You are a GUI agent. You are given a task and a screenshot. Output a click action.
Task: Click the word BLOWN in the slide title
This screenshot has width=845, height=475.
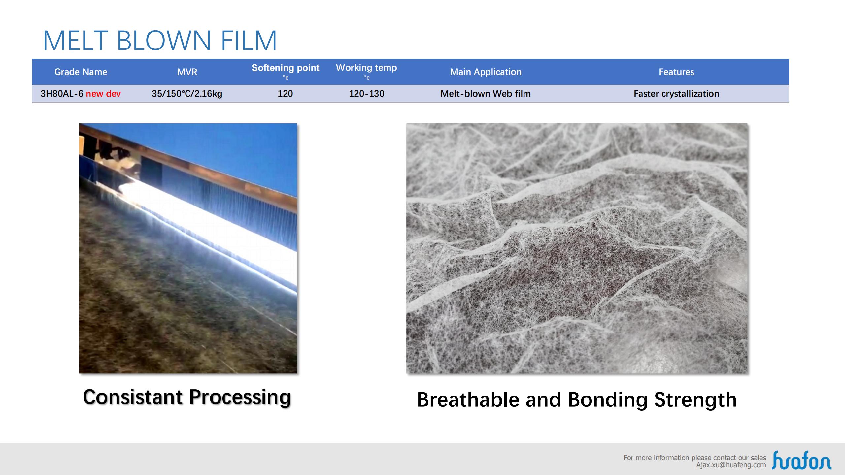coord(164,41)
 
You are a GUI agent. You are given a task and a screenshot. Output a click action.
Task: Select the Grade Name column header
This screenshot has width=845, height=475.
coord(81,72)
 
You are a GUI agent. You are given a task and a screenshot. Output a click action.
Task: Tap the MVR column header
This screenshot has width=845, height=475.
coord(187,72)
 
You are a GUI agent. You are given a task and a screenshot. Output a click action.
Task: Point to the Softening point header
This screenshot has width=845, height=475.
coord(286,68)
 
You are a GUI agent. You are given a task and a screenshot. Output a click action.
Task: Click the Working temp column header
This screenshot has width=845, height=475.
coord(366,68)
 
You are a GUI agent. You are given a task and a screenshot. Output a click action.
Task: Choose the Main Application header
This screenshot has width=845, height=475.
coord(486,72)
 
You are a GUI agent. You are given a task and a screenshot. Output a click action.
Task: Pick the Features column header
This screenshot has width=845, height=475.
coord(676,72)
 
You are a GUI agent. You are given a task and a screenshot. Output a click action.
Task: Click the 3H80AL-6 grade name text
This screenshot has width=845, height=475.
coord(62,94)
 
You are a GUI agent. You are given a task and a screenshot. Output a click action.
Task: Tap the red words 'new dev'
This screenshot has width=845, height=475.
coord(103,94)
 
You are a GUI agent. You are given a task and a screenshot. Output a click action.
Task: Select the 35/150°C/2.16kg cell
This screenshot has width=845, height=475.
coord(187,94)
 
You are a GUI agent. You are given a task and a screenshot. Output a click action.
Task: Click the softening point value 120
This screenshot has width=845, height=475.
coord(285,94)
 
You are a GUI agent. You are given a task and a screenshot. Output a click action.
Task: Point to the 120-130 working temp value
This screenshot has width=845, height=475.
coord(366,94)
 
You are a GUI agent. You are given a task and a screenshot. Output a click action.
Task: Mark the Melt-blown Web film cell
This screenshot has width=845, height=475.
coord(486,94)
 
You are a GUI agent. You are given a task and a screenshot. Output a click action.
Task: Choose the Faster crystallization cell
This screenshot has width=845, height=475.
coord(676,94)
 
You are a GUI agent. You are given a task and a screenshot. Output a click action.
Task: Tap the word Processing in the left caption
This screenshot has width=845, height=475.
coord(240,398)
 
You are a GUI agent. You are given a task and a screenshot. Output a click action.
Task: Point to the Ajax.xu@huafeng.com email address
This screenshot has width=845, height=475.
coord(731,465)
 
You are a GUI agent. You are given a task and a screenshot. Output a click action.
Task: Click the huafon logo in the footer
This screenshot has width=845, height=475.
coord(801,460)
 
